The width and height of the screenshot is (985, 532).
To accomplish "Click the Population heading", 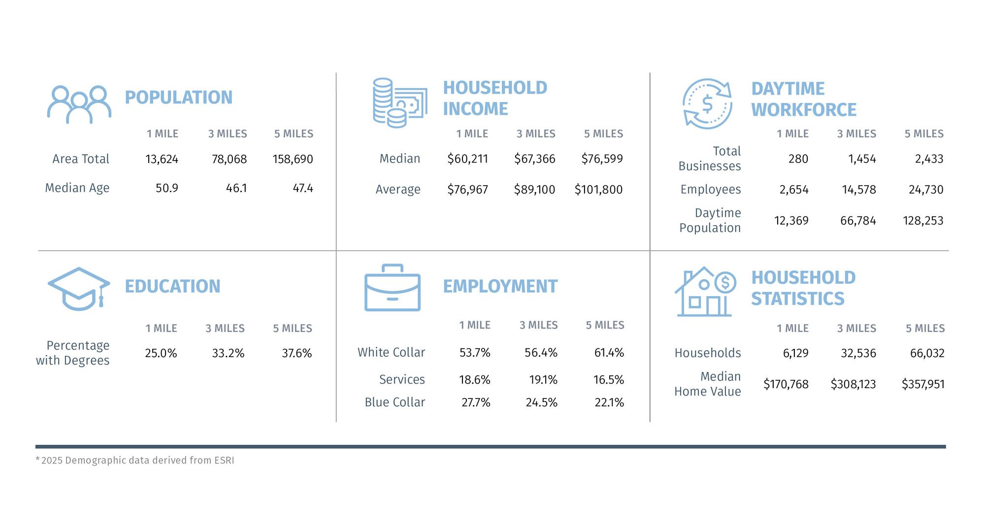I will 178,98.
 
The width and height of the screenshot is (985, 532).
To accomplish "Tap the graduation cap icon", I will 78,289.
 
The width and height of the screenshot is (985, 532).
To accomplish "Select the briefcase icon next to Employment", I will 392,288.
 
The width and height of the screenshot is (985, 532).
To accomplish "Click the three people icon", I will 79,104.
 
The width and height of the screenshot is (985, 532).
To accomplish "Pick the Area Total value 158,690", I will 293,159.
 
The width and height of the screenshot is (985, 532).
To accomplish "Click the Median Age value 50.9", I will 166,188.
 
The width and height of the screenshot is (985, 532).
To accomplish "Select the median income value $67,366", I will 534,159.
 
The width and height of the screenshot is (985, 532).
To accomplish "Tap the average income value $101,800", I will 598,190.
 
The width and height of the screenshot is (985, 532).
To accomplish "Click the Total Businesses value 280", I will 798,159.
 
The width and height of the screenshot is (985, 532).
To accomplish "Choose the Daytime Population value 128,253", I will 923,221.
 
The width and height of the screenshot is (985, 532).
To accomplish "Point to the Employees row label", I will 710,190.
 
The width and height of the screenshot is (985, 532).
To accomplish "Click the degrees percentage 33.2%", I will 228,353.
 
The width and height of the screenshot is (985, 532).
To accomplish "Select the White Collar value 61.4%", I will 609,353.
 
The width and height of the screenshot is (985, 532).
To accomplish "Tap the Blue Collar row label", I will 394,402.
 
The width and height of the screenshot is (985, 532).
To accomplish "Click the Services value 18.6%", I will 475,380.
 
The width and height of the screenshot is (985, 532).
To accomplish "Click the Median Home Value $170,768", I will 786,384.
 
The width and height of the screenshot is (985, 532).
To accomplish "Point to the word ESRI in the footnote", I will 224,461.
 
